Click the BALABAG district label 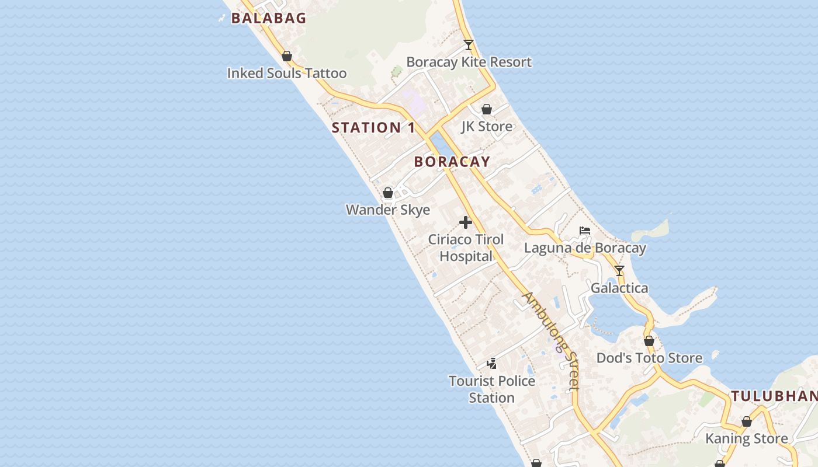268,18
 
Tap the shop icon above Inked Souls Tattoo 287,56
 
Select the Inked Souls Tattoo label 287,74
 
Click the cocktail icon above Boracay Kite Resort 469,45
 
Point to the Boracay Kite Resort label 469,62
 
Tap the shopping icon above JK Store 487,109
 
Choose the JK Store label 487,127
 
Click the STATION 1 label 373,128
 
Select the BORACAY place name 452,162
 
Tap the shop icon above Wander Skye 388,193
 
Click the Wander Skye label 388,210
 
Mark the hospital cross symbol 466,222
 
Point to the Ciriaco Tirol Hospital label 466,248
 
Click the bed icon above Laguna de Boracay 585,231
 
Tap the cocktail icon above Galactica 619,271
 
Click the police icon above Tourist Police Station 492,364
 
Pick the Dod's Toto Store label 649,358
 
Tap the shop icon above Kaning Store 747,421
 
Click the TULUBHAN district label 774,396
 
